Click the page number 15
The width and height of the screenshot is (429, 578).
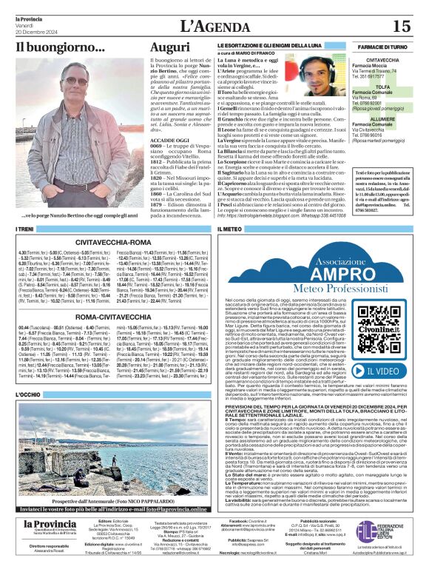pyautogui.click(x=401, y=26)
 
